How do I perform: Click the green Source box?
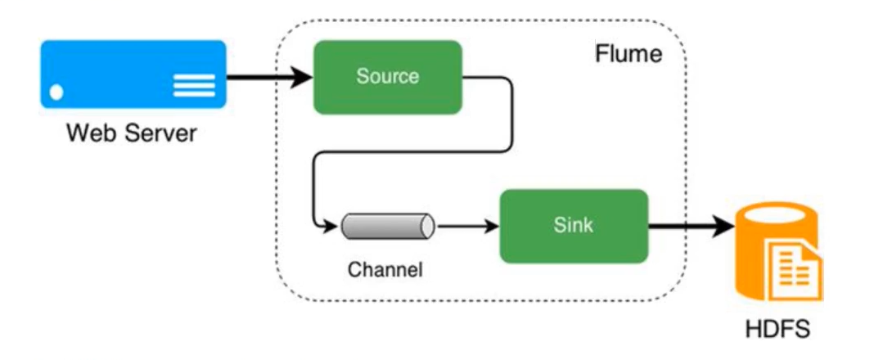(388, 77)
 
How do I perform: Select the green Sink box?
(573, 226)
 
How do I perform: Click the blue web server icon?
(133, 74)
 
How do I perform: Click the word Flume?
(627, 56)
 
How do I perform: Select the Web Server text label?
(132, 132)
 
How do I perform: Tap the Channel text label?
(385, 269)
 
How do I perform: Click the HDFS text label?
(777, 330)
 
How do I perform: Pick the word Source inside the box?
(388, 77)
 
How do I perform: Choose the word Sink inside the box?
(573, 226)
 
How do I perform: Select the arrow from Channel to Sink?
(466, 226)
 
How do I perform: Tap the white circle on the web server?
(57, 91)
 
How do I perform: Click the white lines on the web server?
(194, 83)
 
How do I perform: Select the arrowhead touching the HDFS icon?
(724, 226)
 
